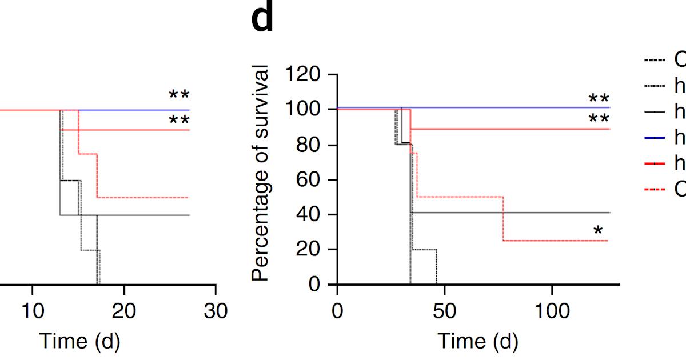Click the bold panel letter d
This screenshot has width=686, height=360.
pos(262,19)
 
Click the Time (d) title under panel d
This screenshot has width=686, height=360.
pos(478,342)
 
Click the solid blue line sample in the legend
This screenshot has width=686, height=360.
pos(654,137)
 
